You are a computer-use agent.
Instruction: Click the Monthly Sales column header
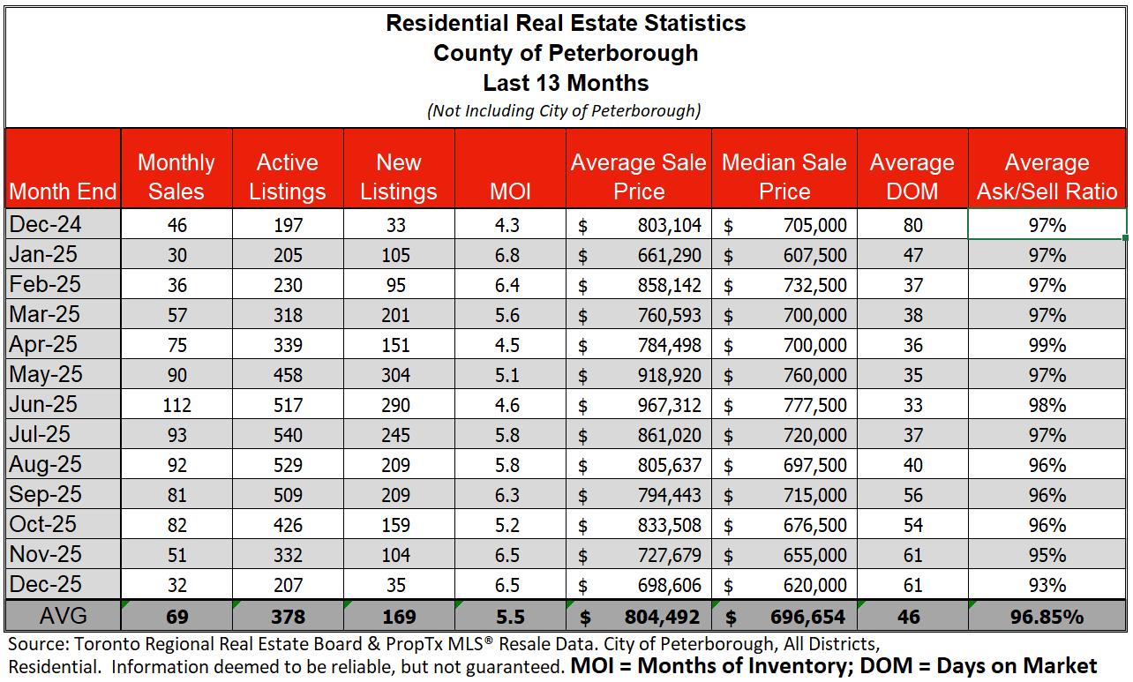pos(176,176)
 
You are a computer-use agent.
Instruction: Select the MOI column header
pos(509,191)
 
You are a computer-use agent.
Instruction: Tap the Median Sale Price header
pos(784,176)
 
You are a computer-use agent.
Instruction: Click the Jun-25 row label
pos(44,405)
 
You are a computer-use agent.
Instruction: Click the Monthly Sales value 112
pos(176,406)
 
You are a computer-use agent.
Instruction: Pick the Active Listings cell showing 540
pos(288,436)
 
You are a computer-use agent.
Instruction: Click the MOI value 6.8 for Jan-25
pos(509,256)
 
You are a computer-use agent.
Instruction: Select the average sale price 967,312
pos(669,406)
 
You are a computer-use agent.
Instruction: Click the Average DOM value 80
pos(912,226)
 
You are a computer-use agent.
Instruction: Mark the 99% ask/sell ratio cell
pos(1047,346)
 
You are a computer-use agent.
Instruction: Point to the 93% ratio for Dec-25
pos(1047,586)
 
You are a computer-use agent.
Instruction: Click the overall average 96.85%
pos(1047,617)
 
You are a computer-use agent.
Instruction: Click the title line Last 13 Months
pos(566,84)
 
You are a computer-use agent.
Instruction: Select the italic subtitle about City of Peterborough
pos(566,111)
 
